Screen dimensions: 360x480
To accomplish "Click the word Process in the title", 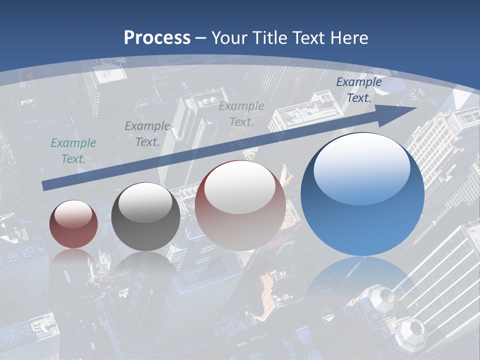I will (x=157, y=38).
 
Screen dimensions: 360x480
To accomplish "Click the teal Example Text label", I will (x=73, y=151).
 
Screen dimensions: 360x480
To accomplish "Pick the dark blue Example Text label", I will (x=359, y=90).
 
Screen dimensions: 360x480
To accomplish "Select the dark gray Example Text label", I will (x=147, y=134).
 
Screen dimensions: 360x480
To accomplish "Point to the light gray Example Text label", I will (x=241, y=113).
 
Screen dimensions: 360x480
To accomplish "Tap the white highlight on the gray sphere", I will (x=145, y=202).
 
